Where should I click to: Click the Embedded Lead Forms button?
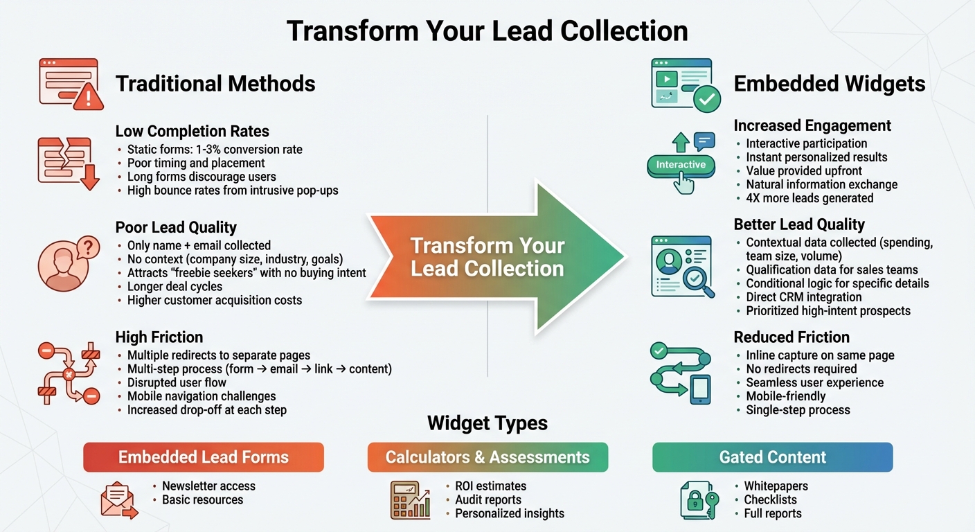click(x=203, y=457)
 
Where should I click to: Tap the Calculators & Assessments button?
click(x=487, y=457)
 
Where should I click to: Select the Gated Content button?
click(x=772, y=457)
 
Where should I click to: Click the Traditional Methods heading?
click(x=215, y=84)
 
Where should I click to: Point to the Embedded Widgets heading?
click(x=829, y=84)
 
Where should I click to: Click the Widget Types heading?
click(x=487, y=423)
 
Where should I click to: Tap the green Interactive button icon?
click(x=681, y=165)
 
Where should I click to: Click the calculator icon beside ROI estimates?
click(x=409, y=499)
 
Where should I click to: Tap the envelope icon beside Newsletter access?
click(x=118, y=500)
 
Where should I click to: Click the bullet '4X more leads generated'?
click(x=809, y=198)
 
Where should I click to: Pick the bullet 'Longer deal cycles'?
click(x=175, y=287)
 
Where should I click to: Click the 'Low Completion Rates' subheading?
click(x=193, y=131)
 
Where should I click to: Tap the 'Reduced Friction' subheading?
click(x=791, y=337)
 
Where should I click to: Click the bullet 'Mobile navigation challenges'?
click(x=202, y=396)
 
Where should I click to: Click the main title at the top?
click(x=487, y=31)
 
